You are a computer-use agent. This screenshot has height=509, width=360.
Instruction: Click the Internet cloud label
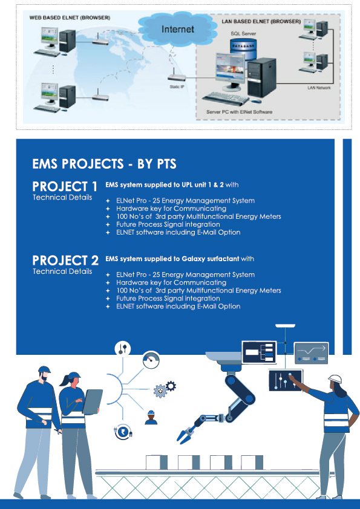(178, 29)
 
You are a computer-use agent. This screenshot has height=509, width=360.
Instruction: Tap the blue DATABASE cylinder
(243, 49)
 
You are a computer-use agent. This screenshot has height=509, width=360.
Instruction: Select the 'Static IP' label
(177, 87)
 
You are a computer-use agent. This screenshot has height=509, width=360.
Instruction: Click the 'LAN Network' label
(319, 88)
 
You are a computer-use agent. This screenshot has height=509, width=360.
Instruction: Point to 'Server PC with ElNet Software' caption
(239, 112)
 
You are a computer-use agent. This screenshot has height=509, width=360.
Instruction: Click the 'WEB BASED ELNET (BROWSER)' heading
(70, 18)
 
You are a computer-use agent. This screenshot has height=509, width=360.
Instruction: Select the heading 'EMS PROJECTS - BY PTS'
(104, 164)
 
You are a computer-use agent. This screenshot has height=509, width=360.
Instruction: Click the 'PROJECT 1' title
(65, 187)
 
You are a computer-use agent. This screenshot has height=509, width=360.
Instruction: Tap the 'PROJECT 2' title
(65, 261)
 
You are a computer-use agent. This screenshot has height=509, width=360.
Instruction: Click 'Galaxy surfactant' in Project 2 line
(210, 259)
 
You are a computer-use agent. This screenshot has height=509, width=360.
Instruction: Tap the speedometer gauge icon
(151, 360)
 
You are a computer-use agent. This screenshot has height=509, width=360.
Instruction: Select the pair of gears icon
(165, 389)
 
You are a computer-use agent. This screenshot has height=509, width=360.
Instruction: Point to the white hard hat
(335, 379)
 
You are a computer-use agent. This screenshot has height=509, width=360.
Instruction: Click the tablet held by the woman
(92, 401)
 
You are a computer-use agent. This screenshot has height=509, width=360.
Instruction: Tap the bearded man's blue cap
(44, 369)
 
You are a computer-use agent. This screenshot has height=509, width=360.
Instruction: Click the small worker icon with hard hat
(151, 418)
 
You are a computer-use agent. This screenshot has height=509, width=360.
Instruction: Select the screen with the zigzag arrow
(311, 353)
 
